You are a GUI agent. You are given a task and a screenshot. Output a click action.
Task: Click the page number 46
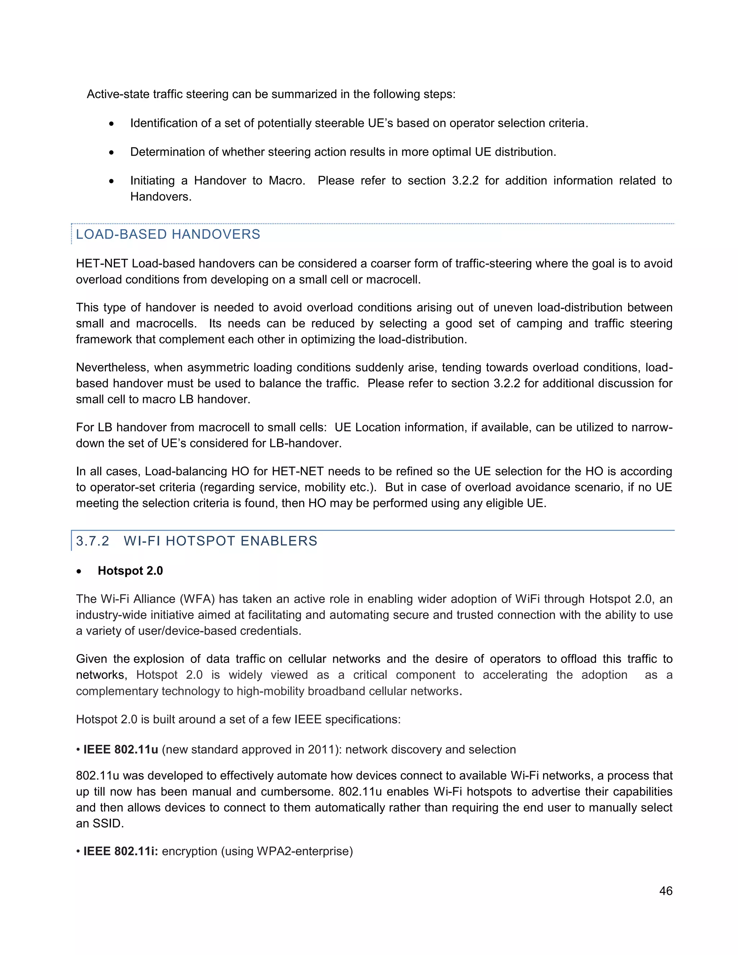pyautogui.click(x=666, y=891)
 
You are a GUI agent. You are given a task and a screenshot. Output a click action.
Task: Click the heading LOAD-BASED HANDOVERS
pyautogui.click(x=168, y=234)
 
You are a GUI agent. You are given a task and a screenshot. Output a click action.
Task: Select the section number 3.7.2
pyautogui.click(x=92, y=541)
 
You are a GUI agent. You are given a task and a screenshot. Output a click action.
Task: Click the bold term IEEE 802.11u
pyautogui.click(x=121, y=750)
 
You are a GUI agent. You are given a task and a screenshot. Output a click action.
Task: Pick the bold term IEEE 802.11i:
pyautogui.click(x=121, y=851)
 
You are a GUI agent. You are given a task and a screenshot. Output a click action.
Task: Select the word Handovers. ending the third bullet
pyautogui.click(x=160, y=197)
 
